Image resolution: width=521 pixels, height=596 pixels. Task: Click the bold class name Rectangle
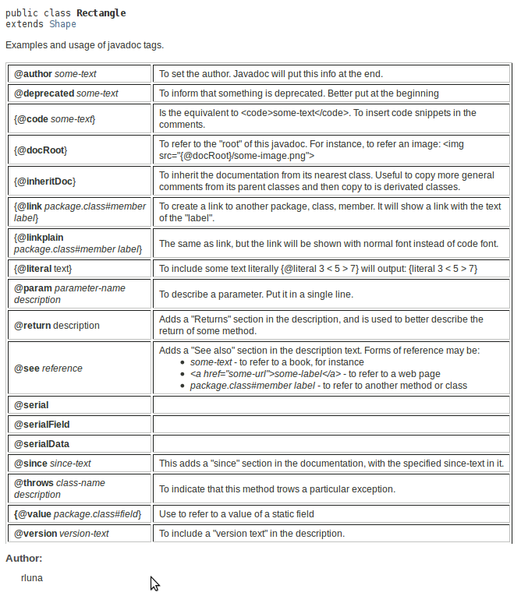click(x=101, y=13)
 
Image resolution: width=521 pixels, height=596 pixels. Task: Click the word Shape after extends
click(x=62, y=24)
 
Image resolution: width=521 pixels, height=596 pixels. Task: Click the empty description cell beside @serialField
click(x=331, y=425)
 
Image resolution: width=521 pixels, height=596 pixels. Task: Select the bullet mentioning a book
click(x=277, y=362)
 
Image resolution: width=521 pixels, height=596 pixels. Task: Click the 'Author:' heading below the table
click(x=24, y=559)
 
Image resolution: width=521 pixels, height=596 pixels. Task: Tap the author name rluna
click(x=32, y=578)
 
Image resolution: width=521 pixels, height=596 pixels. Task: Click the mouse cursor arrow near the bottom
click(x=154, y=584)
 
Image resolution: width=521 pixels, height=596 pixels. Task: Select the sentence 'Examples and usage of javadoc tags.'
click(x=84, y=45)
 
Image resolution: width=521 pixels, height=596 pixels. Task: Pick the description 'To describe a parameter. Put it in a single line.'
click(x=257, y=294)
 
